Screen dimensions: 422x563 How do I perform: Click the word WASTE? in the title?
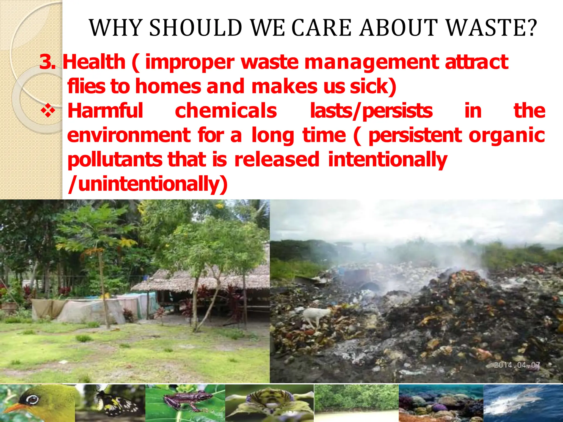(491, 28)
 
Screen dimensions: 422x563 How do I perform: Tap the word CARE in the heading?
(321, 28)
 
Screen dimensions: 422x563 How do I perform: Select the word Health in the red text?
(94, 62)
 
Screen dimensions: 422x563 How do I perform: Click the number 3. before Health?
(47, 62)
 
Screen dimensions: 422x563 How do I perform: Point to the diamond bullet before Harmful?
(48, 111)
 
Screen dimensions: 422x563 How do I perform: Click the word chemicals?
(226, 111)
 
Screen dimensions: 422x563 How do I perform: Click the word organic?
(507, 135)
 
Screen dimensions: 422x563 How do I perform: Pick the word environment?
(129, 135)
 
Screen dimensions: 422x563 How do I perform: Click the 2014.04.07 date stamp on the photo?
(517, 365)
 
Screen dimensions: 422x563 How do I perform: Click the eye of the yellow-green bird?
(32, 399)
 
